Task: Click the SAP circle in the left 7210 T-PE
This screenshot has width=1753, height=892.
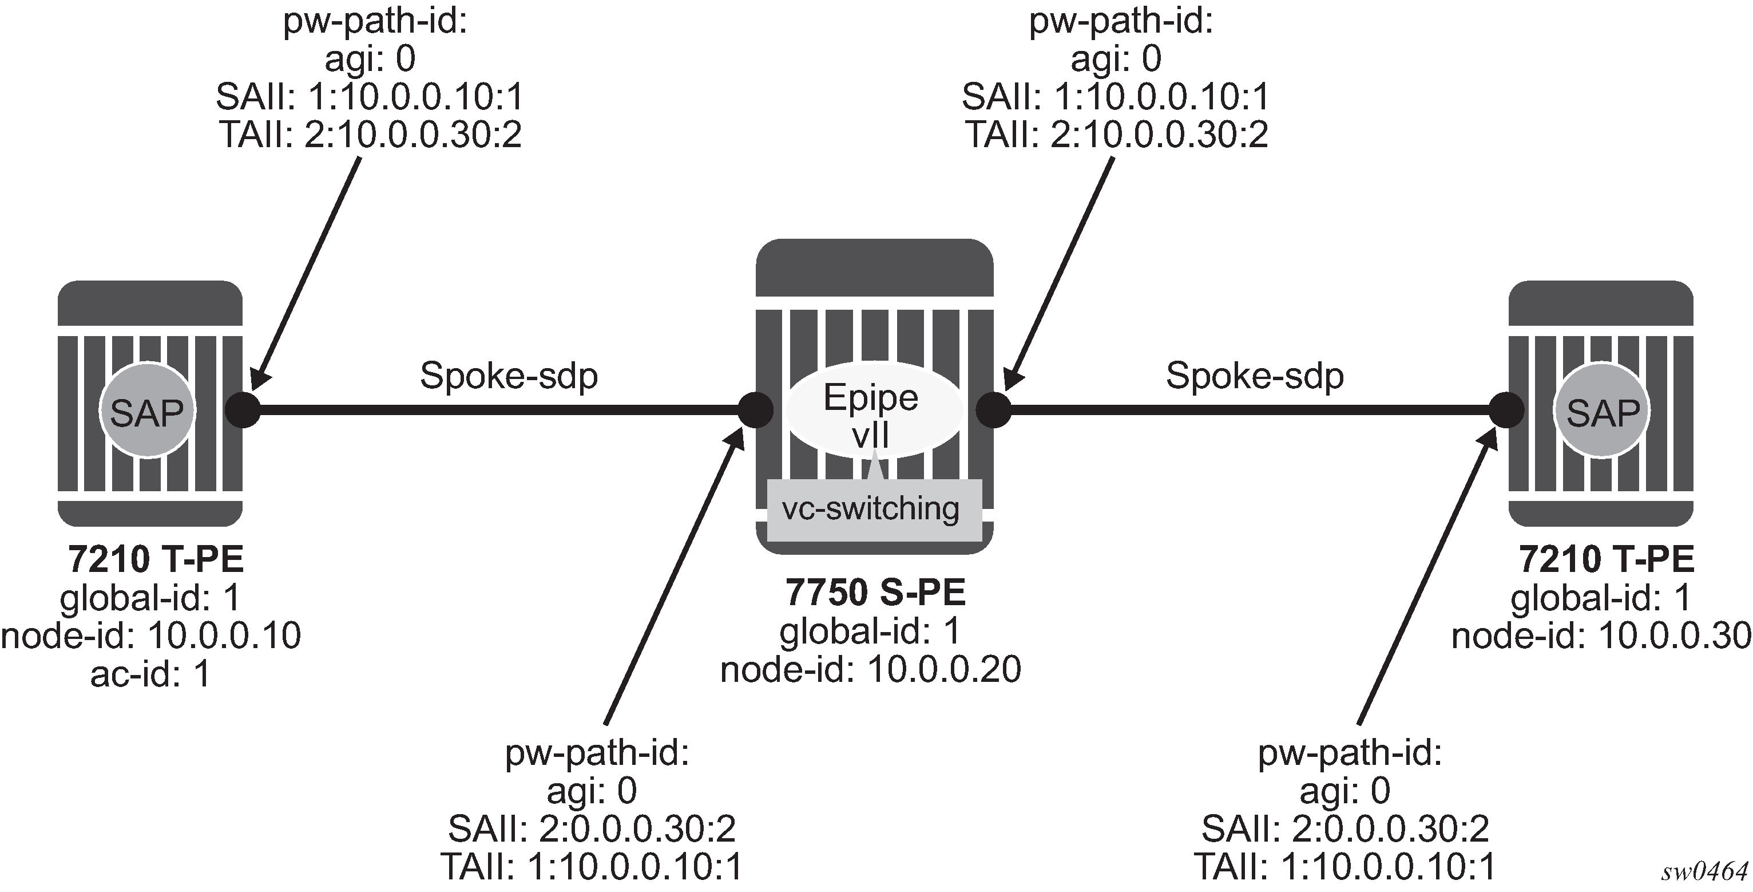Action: tap(147, 411)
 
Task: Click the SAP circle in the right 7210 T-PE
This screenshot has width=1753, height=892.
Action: tap(1603, 411)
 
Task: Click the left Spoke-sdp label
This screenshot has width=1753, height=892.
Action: tap(509, 375)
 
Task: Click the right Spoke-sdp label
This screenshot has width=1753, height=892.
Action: tap(1254, 375)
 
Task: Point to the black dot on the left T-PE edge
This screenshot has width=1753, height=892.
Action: tap(243, 410)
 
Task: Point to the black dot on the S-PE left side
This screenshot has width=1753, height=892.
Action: tap(755, 410)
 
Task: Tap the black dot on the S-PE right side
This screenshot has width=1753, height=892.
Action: tap(994, 410)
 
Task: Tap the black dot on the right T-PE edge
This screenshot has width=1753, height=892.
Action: tap(1506, 410)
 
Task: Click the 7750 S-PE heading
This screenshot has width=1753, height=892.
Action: tap(875, 592)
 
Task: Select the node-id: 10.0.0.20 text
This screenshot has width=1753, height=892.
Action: tap(870, 669)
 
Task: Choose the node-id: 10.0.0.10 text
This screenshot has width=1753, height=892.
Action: tap(151, 636)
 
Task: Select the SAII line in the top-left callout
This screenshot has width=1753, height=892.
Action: tap(370, 97)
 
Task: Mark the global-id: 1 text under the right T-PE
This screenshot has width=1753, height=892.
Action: tap(1601, 598)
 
